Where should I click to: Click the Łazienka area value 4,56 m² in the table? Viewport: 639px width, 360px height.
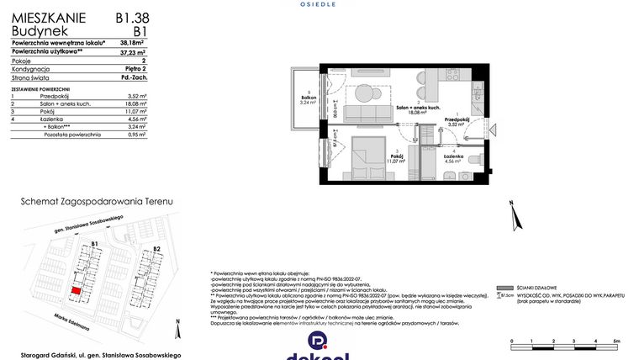point(136,120)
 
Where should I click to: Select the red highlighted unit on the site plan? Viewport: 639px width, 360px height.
point(77,289)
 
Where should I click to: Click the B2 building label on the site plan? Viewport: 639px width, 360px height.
point(156,250)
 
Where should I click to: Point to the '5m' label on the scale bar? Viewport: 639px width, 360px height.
point(616,340)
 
